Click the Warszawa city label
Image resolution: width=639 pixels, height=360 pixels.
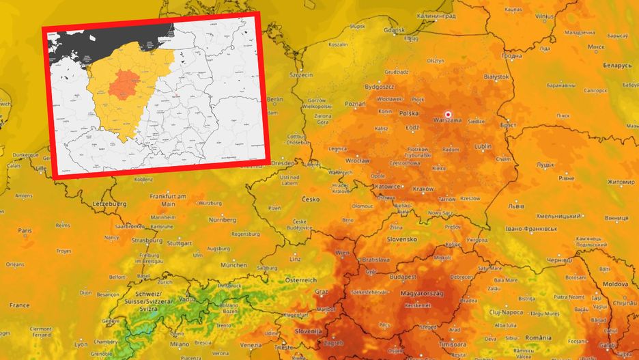(447, 121)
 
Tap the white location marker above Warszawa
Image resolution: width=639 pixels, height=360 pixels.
(449, 114)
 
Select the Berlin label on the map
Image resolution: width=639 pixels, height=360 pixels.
(274, 99)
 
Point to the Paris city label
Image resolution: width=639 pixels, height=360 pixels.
(25, 231)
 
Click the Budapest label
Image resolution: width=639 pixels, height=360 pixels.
(403, 277)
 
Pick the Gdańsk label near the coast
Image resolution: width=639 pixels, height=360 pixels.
(395, 30)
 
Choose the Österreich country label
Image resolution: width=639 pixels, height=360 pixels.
(302, 281)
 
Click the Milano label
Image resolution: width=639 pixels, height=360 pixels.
(179, 344)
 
